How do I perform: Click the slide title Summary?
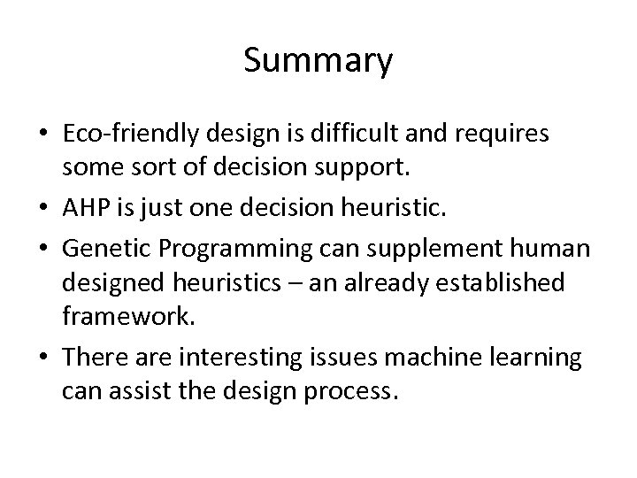point(318,62)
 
